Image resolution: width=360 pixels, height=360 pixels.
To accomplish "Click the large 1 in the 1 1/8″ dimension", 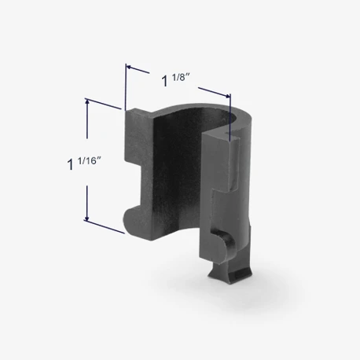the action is tap(165, 81).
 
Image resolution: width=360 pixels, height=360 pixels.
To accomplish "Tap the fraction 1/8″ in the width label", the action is tap(181, 78).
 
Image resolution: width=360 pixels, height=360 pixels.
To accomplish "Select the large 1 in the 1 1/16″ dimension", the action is tap(71, 164).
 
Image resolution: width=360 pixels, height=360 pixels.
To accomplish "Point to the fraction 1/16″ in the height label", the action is tap(89, 161).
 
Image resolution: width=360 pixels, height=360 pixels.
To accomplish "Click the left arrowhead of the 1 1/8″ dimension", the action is tap(128, 67).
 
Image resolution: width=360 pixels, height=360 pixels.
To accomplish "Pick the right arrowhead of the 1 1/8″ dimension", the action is tap(228, 96).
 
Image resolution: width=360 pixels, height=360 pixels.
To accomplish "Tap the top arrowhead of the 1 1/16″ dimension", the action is tap(87, 101).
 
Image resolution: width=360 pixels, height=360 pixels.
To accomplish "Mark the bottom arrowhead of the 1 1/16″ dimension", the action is tap(87, 218).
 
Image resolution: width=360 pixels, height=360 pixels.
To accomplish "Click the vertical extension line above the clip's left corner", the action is tap(126, 87).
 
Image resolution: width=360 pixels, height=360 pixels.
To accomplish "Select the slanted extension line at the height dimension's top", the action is tap(103, 104).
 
